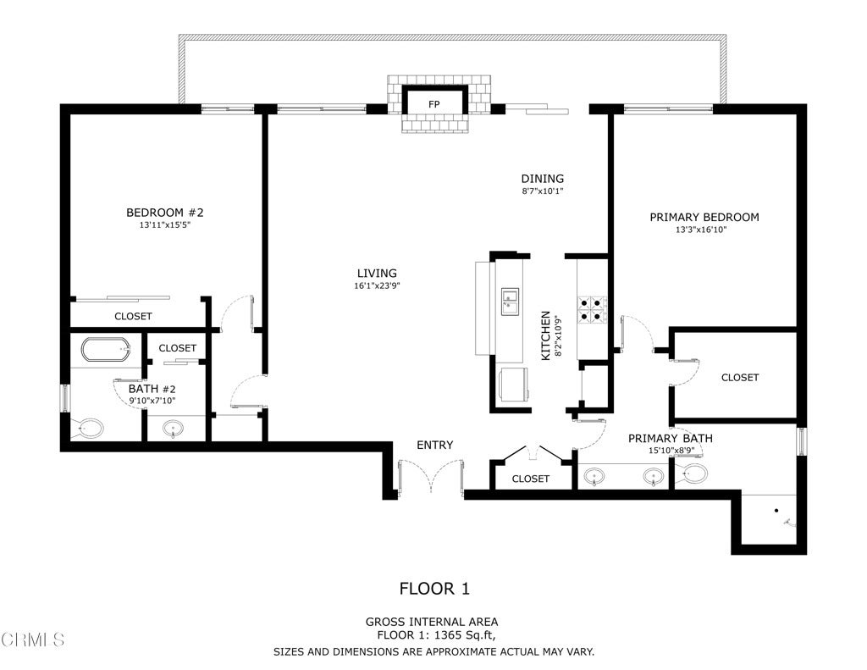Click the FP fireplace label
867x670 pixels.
(434, 104)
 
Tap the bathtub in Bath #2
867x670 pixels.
(106, 349)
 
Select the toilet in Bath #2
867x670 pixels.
(89, 429)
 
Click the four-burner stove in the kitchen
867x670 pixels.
(593, 310)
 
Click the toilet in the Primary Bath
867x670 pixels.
(692, 473)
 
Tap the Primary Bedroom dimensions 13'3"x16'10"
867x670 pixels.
(701, 230)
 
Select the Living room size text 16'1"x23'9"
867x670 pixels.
(377, 286)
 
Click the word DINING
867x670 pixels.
(543, 179)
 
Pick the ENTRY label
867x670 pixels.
(434, 445)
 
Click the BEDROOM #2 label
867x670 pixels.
(165, 213)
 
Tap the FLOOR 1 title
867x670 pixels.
(434, 589)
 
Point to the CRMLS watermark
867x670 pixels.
(33, 640)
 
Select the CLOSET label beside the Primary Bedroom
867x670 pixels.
(740, 377)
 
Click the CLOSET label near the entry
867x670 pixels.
(530, 479)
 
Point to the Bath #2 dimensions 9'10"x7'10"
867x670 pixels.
(152, 401)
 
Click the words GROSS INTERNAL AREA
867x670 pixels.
(432, 622)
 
